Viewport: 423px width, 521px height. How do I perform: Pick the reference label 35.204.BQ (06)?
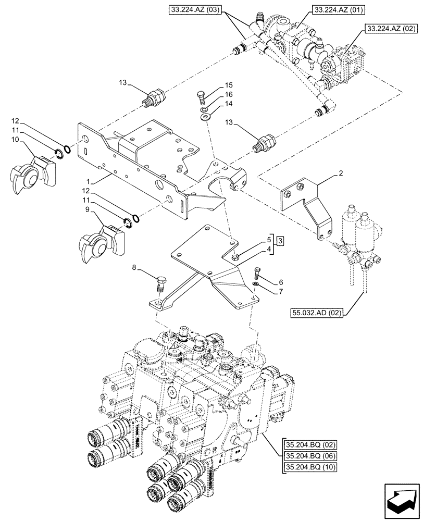coord(310,456)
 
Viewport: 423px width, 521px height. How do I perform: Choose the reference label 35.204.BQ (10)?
coord(310,467)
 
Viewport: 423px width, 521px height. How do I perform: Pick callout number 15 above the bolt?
coord(229,85)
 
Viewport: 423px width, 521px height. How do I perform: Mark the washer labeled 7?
coord(255,283)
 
